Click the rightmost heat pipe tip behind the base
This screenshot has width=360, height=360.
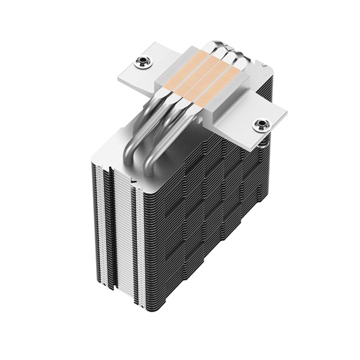(x=239, y=59)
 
